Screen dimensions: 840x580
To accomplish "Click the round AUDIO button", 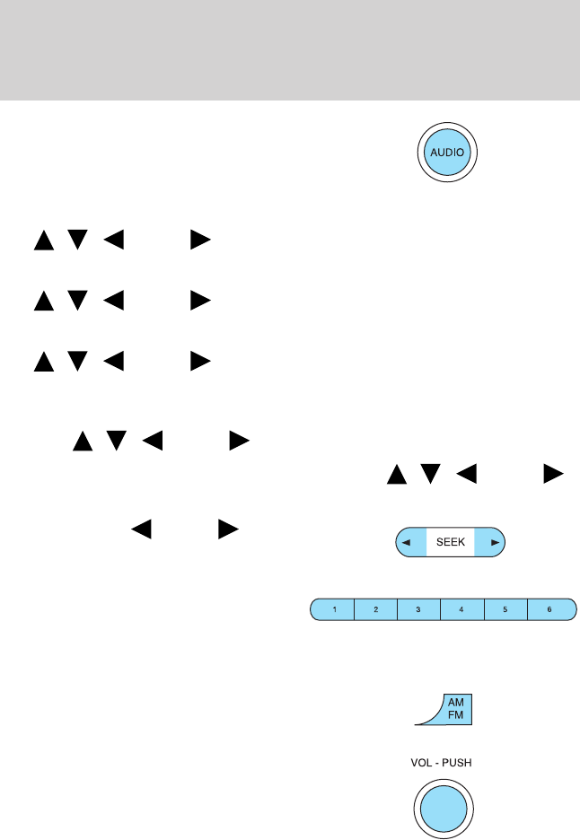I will pos(447,152).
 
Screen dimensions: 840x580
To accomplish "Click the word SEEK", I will pos(450,542).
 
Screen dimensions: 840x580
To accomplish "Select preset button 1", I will pos(334,609).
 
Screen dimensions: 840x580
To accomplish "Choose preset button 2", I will pos(376,609).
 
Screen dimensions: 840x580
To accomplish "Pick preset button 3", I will pos(418,609).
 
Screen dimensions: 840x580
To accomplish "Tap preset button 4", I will pos(461,609).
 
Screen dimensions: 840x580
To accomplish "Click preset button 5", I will pos(505,609).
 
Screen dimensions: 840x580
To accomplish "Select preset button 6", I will pos(549,609).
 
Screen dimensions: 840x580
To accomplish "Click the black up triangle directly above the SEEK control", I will pos(395,474).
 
